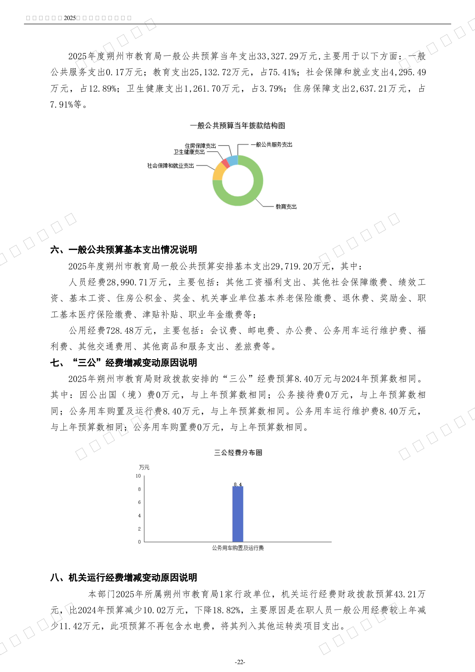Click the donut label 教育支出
pyautogui.click(x=286, y=207)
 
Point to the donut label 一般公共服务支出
pyautogui.click(x=271, y=145)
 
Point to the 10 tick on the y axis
pyautogui.click(x=138, y=476)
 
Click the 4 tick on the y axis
pyautogui.click(x=139, y=515)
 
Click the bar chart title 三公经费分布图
pyautogui.click(x=238, y=453)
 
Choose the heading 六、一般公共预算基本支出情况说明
pyautogui.click(x=124, y=250)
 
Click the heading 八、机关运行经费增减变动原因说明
pyautogui.click(x=124, y=577)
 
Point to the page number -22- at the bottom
pyautogui.click(x=240, y=662)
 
